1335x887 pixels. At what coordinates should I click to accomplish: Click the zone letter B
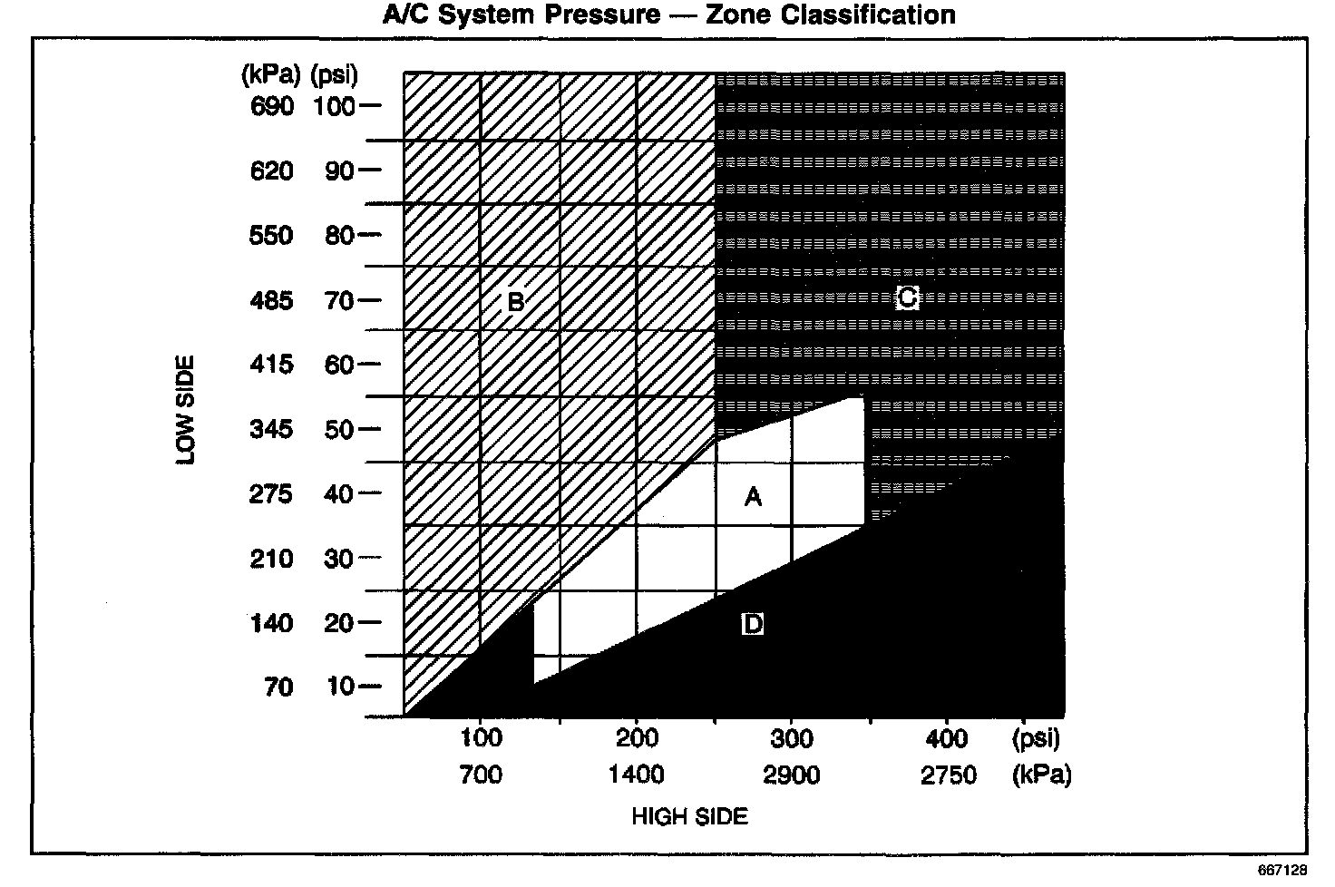pyautogui.click(x=515, y=300)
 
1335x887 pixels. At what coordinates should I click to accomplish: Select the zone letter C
pyautogui.click(x=907, y=297)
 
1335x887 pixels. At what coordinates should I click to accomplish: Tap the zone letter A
pyautogui.click(x=753, y=496)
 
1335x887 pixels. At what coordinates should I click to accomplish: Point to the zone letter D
pyautogui.click(x=752, y=624)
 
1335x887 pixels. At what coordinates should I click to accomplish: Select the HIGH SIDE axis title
pyautogui.click(x=689, y=816)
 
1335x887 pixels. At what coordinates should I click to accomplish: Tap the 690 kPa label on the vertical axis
pyautogui.click(x=272, y=106)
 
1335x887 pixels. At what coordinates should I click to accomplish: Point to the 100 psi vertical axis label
pyautogui.click(x=335, y=106)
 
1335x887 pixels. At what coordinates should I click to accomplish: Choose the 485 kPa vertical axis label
pyautogui.click(x=272, y=300)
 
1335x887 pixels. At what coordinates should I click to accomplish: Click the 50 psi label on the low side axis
pyautogui.click(x=339, y=429)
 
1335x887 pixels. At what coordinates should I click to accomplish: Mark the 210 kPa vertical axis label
pyautogui.click(x=272, y=559)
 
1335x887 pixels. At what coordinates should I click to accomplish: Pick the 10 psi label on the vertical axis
pyautogui.click(x=340, y=687)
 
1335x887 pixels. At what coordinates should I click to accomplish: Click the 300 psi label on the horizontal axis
pyautogui.click(x=792, y=737)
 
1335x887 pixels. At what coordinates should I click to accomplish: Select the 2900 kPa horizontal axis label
pyautogui.click(x=792, y=775)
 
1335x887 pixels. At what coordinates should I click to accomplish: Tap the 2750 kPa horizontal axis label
pyautogui.click(x=948, y=775)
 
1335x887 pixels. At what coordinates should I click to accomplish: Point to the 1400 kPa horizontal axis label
pyautogui.click(x=637, y=775)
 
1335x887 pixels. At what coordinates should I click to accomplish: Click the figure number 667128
pyautogui.click(x=1281, y=870)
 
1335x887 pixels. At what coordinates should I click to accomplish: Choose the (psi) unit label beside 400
pyautogui.click(x=1036, y=737)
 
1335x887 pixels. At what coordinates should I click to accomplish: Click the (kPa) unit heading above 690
pyautogui.click(x=268, y=73)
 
